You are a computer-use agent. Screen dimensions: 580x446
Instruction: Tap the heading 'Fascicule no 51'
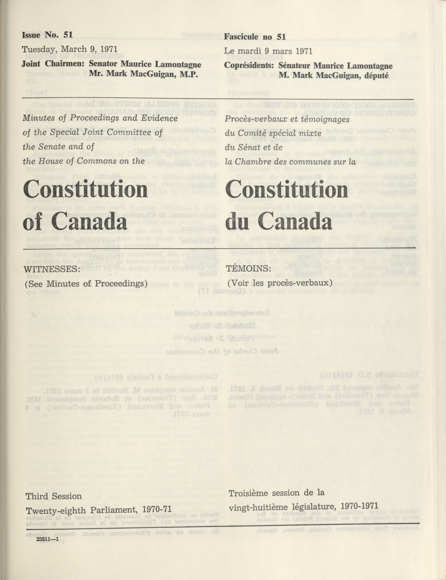click(x=255, y=37)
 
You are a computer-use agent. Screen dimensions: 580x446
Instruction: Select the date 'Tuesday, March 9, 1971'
click(x=70, y=49)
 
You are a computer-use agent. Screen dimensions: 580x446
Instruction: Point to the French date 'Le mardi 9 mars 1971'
click(x=268, y=51)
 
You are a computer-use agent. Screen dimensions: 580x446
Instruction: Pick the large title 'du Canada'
click(x=279, y=221)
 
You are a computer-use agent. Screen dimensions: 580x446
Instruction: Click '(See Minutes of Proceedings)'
click(x=86, y=284)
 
